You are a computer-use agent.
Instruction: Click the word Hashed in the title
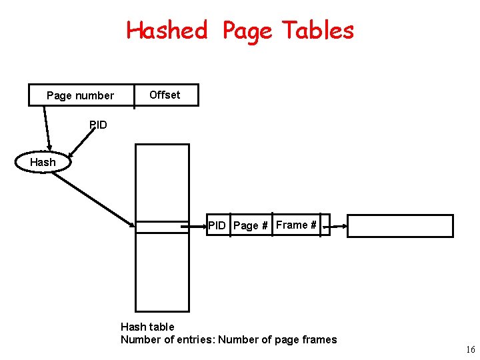(167, 30)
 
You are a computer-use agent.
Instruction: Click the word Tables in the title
(318, 30)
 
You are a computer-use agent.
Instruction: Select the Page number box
(80, 95)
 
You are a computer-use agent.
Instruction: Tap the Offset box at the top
(165, 95)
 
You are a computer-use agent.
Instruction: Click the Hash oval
(43, 162)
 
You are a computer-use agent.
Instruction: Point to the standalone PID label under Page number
(98, 125)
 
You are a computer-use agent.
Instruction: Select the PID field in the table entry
(217, 225)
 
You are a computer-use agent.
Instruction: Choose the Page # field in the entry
(251, 225)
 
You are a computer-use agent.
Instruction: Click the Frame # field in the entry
(296, 225)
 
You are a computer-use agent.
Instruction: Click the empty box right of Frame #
(400, 226)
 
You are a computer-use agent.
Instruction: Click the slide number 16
(471, 349)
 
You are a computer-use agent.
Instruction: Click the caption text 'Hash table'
(147, 327)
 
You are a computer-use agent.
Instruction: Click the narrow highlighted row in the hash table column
(162, 227)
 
